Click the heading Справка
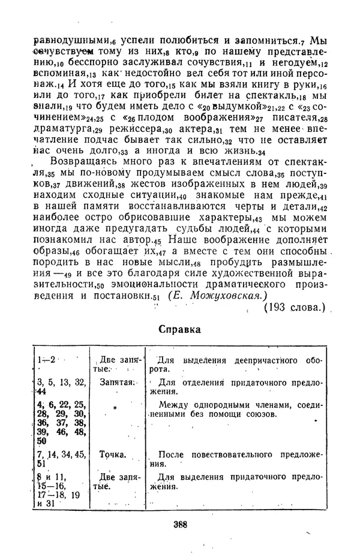point(180,329)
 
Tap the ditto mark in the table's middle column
point(113,405)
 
